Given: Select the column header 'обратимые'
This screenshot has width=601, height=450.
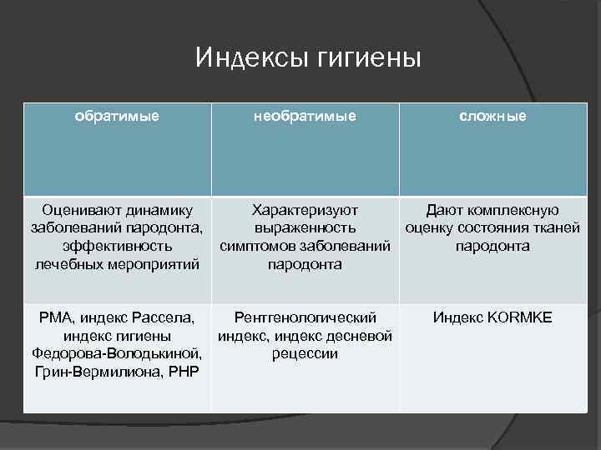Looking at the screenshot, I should click(117, 116).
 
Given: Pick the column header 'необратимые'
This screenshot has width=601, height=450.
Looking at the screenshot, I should click(305, 116).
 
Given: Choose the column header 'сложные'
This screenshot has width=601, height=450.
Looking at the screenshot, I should click(492, 116).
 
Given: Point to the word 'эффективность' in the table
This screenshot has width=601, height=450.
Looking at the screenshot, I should click(117, 247).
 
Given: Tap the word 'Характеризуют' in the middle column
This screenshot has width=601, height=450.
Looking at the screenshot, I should click(305, 210).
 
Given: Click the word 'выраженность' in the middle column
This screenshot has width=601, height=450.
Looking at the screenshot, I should click(305, 228).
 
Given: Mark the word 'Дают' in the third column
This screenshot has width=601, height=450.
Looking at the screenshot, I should click(443, 210).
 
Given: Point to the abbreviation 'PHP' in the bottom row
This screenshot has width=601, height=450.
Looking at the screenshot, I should click(183, 372).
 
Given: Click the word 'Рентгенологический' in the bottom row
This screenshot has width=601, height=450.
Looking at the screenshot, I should click(305, 317).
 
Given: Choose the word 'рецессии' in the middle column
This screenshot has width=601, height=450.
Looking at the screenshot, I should click(305, 353).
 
